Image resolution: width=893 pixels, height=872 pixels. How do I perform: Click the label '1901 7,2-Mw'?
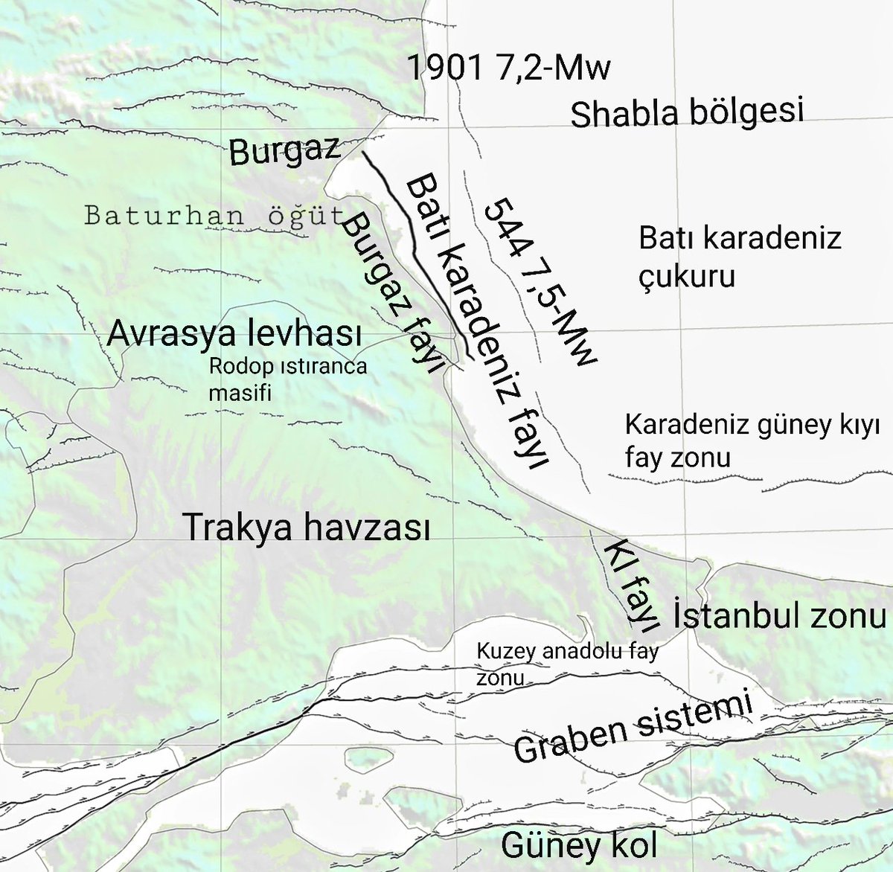tap(509, 69)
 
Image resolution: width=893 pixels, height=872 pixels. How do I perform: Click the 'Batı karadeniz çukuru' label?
tap(739, 257)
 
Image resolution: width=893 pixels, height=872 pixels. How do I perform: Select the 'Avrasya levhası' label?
tap(234, 334)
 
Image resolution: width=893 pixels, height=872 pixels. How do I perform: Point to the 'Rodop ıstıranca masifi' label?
tap(287, 379)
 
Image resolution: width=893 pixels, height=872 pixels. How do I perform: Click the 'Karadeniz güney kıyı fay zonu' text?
tap(752, 440)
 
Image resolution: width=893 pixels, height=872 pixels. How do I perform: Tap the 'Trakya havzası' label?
tap(307, 528)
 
